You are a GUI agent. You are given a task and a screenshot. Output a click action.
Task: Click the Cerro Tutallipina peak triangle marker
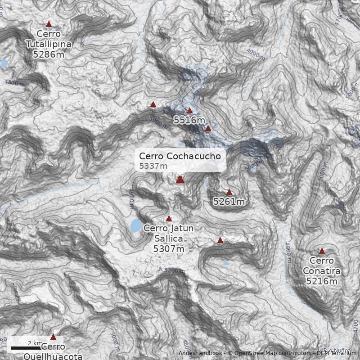point(49,24)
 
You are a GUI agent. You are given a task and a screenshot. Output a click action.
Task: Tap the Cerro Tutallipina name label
point(48,39)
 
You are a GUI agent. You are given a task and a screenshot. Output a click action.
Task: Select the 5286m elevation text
point(48,54)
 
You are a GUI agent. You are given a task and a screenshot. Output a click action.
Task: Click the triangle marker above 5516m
point(189,110)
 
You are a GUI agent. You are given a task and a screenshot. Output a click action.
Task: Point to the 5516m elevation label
point(189,120)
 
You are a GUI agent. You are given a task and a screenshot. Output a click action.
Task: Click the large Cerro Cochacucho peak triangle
point(180,180)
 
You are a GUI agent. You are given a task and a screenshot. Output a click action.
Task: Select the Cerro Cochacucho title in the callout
point(180,156)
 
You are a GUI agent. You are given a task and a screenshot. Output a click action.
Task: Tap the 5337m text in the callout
point(153,166)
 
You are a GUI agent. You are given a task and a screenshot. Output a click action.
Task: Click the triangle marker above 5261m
point(229,192)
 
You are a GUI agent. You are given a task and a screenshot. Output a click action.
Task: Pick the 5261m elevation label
point(229,202)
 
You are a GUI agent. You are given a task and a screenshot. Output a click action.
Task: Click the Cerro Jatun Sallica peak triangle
point(169,219)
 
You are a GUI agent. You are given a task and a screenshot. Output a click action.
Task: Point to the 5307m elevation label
point(169,248)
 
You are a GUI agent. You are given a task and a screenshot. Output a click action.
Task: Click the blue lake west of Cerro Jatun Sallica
point(136,225)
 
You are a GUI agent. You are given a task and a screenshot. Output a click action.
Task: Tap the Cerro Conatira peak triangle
point(322,251)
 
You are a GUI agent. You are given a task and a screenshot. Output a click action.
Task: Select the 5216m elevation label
point(322,281)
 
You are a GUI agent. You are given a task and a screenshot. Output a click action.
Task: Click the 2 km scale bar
point(26,347)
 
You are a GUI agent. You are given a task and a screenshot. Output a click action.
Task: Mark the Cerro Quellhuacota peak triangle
point(53,337)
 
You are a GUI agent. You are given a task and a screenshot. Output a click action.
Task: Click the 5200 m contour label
point(175,271)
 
